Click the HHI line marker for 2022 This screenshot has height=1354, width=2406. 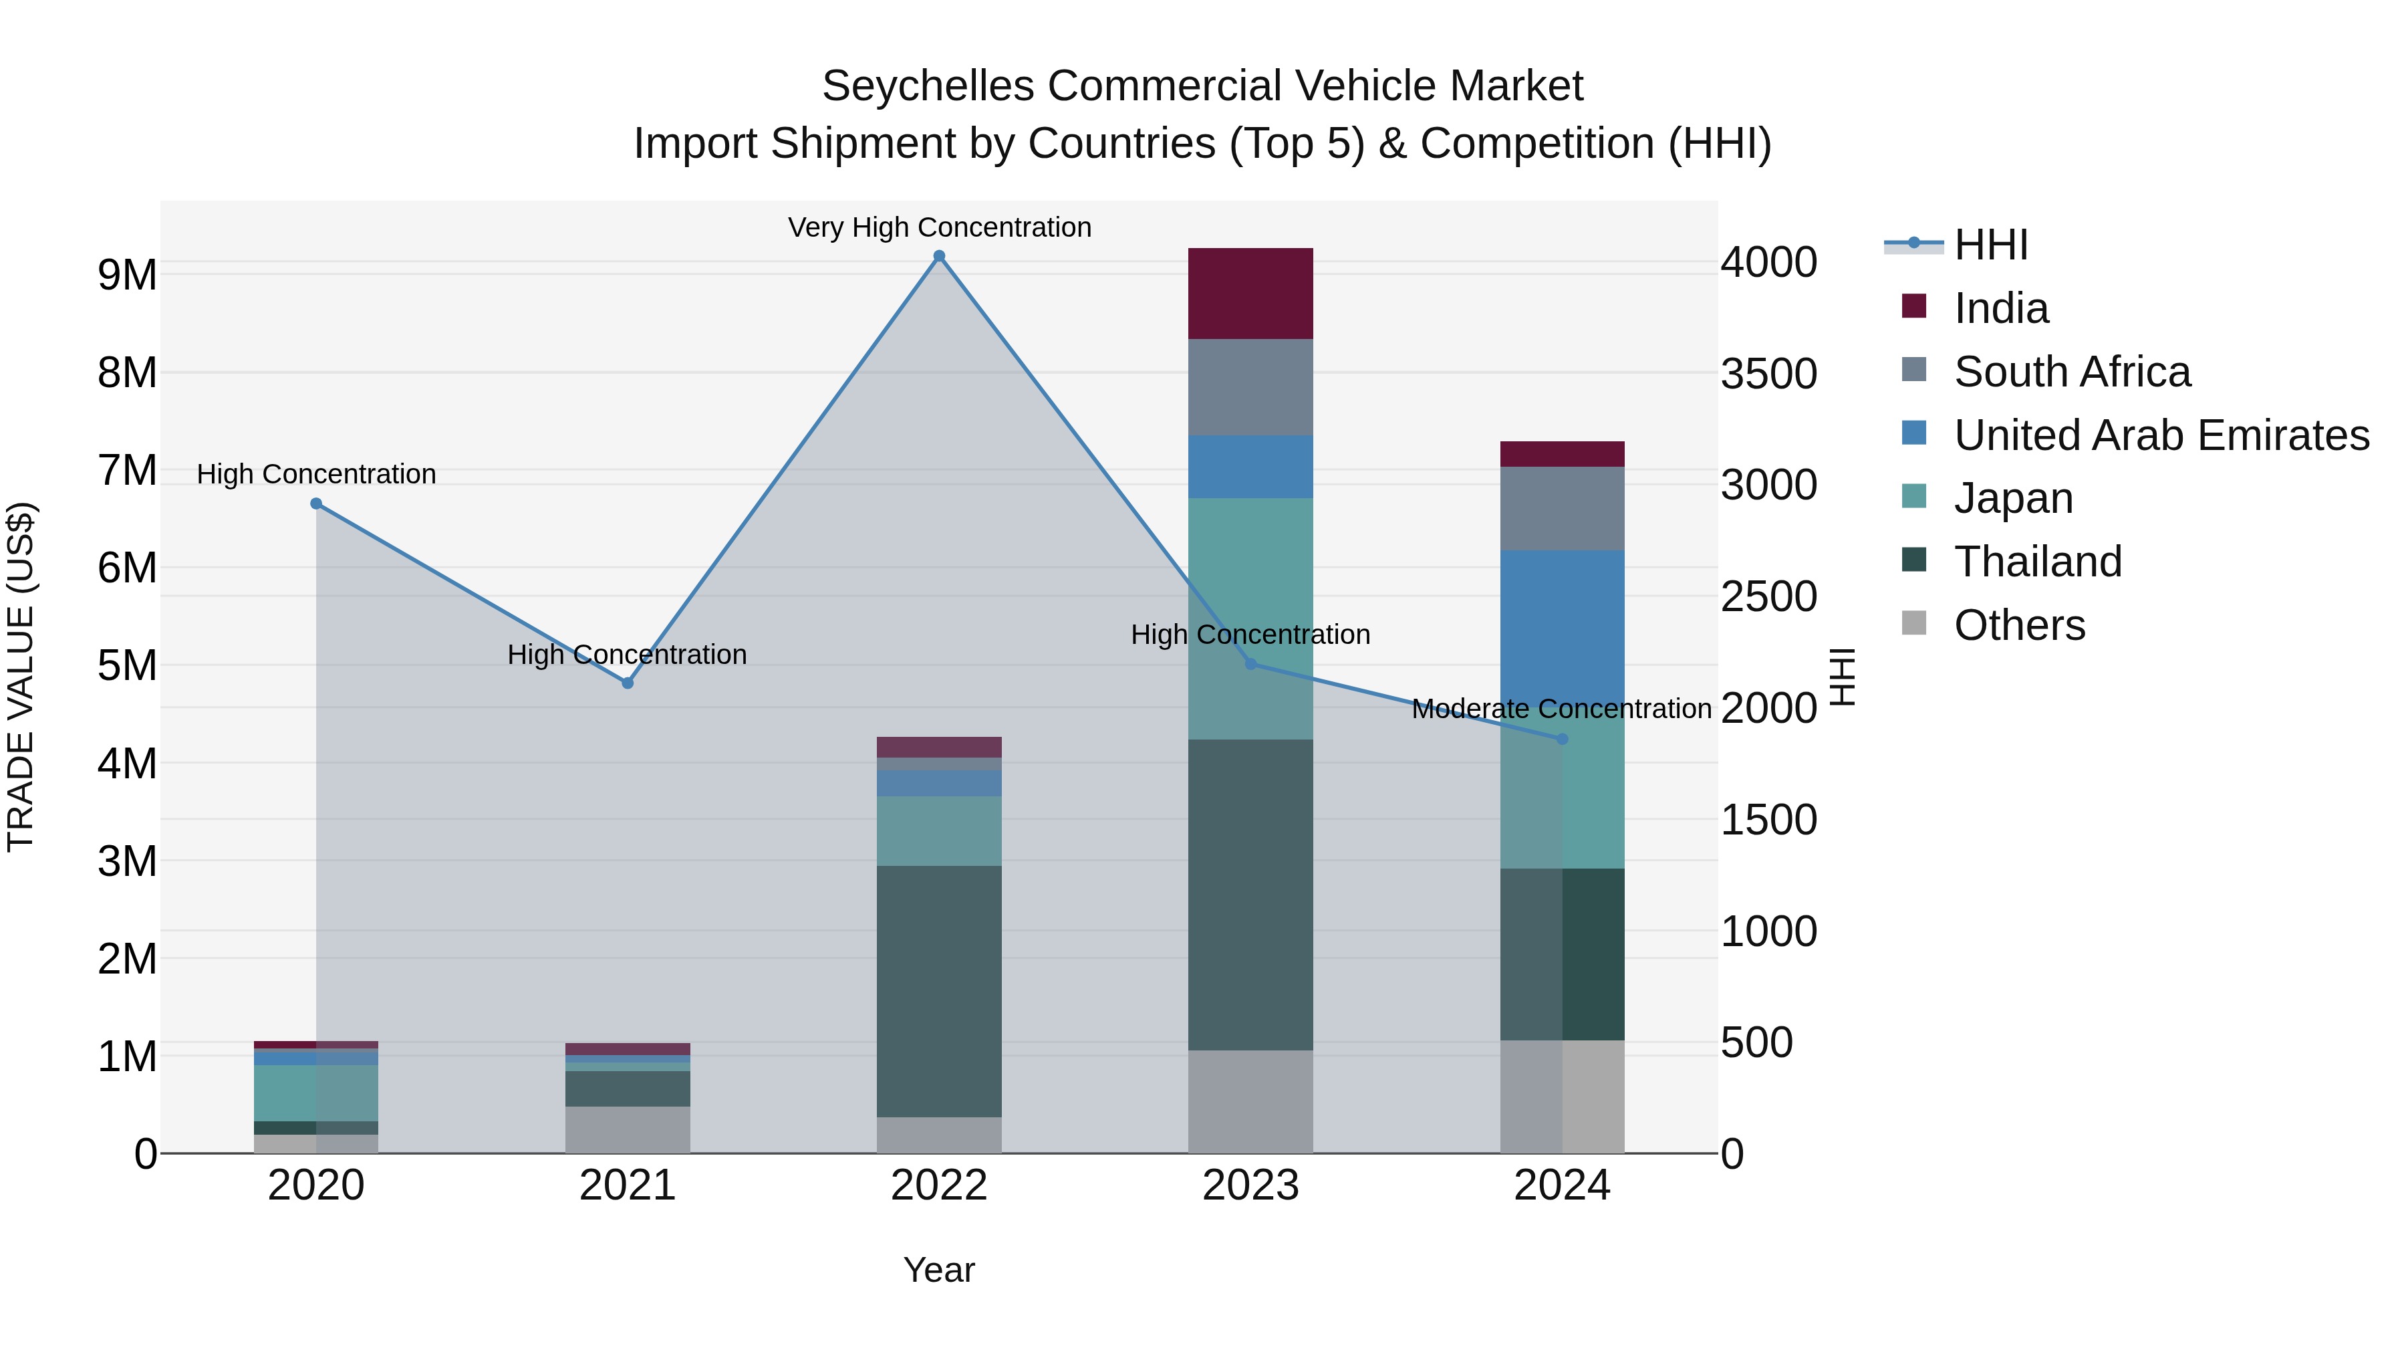[939, 256]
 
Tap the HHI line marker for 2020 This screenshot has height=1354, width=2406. [315, 503]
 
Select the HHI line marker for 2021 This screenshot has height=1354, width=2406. [628, 683]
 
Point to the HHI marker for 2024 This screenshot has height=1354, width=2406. [1562, 739]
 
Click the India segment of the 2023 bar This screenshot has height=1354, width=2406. [1250, 294]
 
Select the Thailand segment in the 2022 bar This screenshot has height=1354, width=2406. [939, 990]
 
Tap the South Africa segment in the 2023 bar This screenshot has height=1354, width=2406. [1250, 387]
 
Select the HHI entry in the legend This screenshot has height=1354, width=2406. [1990, 245]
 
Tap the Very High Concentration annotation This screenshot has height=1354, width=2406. [939, 227]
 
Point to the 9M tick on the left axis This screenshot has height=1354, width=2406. [127, 275]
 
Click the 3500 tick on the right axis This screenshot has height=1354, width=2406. [1768, 373]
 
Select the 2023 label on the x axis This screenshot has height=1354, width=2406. [1250, 1186]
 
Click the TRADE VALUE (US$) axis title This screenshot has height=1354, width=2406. [21, 677]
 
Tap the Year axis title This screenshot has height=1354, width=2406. [939, 1270]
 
